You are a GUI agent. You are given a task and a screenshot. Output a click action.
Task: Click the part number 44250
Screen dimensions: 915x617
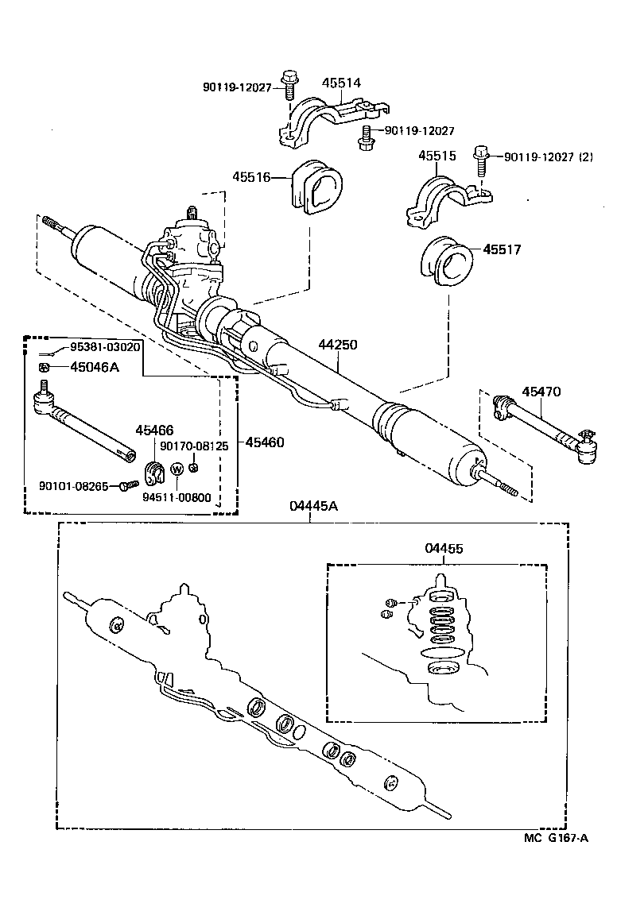(x=339, y=346)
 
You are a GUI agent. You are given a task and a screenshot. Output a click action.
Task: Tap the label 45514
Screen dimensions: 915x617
(x=341, y=83)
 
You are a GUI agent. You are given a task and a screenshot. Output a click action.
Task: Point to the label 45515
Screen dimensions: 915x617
(x=437, y=156)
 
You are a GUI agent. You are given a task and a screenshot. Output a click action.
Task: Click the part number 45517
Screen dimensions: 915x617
(x=503, y=249)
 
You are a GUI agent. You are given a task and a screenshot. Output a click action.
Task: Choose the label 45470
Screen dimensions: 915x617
(x=541, y=392)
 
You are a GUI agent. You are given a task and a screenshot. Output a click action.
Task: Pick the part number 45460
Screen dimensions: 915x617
(x=264, y=442)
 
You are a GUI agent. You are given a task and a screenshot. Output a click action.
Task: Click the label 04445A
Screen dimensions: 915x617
(x=312, y=507)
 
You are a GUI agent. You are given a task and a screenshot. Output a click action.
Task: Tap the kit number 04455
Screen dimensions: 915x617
(x=444, y=548)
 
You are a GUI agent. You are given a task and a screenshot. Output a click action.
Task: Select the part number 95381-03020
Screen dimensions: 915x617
(x=105, y=347)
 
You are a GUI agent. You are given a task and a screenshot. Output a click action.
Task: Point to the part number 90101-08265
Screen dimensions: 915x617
(x=73, y=485)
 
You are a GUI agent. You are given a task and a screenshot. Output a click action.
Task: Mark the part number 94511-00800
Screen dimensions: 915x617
(x=177, y=498)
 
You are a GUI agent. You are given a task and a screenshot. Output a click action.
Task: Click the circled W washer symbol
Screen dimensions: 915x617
(x=177, y=468)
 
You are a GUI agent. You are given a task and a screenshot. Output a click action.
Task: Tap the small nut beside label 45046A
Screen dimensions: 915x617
(x=46, y=366)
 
